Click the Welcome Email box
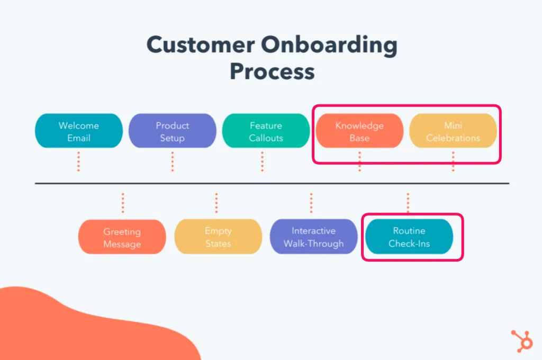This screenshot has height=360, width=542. (x=79, y=131)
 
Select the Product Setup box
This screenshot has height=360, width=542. (x=173, y=131)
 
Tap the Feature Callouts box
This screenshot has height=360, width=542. (x=266, y=131)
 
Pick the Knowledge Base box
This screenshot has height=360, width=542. (x=359, y=131)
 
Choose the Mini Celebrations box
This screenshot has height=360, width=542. (x=453, y=131)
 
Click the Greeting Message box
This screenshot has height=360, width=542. (x=122, y=238)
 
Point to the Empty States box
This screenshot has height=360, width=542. (x=218, y=237)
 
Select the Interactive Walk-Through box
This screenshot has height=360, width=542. (x=313, y=237)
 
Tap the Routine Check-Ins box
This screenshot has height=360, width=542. (x=409, y=237)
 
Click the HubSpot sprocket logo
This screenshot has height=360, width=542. (x=522, y=340)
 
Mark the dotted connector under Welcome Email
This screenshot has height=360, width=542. (x=78, y=161)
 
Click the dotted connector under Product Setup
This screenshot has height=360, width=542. (x=173, y=161)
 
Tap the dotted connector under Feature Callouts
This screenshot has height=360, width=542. (x=263, y=161)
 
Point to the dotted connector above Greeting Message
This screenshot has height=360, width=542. (x=123, y=203)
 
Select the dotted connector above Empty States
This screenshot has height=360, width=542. (x=216, y=203)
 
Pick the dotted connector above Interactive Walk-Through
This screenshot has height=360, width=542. (x=311, y=203)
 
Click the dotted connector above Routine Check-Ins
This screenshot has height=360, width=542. (x=408, y=203)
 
